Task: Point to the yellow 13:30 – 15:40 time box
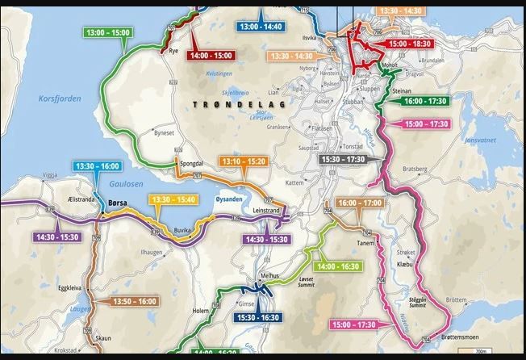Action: click(174, 199)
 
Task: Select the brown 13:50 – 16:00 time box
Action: click(123, 301)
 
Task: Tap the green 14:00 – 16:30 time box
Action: click(339, 266)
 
